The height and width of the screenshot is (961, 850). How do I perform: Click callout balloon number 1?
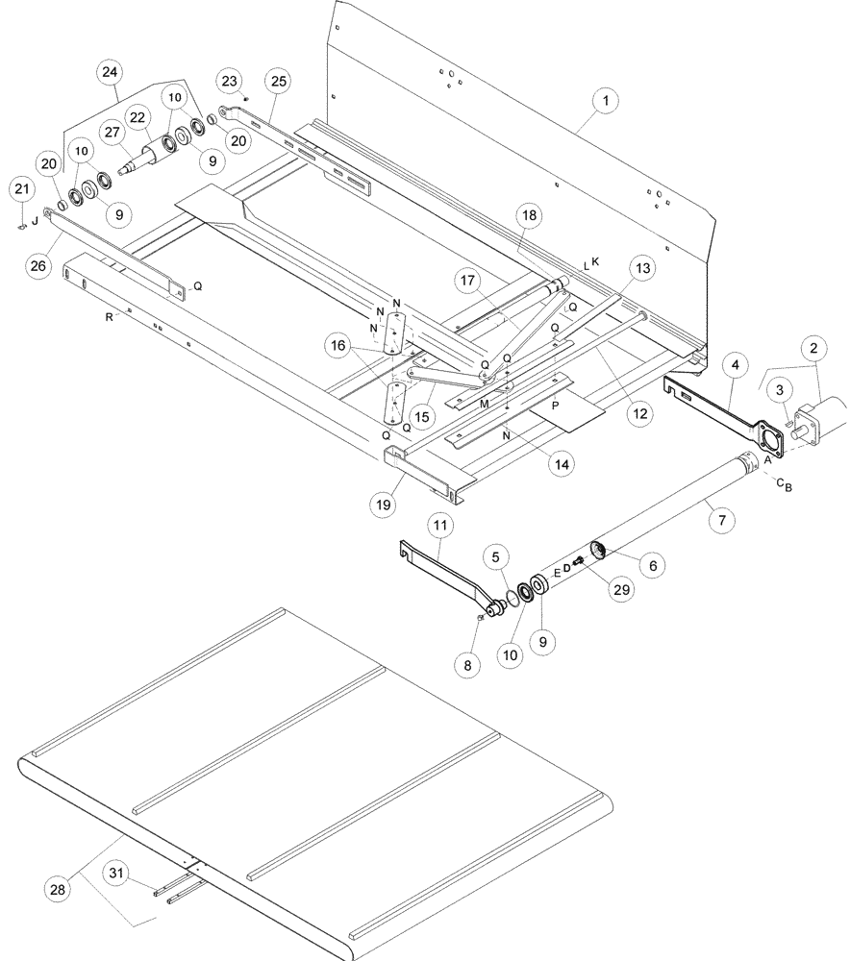point(607,100)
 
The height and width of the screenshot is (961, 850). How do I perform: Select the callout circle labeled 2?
point(813,347)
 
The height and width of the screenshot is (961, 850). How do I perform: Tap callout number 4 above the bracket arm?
point(734,365)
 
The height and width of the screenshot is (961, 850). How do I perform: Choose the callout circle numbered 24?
point(111,71)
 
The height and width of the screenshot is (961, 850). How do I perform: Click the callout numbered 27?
point(112,134)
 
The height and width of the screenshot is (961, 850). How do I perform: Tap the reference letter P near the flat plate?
point(556,407)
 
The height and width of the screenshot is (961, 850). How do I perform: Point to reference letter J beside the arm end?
point(36,219)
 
